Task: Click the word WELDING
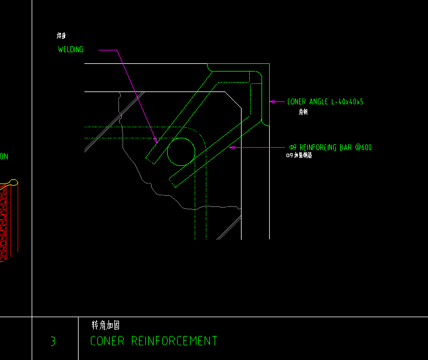[70, 50]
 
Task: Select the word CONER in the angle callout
[297, 102]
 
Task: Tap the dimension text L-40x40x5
[348, 102]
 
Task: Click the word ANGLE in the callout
[319, 102]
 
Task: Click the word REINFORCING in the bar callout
[318, 147]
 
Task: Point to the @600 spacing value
[363, 147]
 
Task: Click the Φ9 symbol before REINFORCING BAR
[293, 147]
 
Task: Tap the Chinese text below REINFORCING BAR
[298, 156]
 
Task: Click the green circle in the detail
[181, 152]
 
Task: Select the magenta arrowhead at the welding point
[155, 140]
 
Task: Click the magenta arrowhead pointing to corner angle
[272, 101]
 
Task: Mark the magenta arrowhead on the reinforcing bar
[232, 147]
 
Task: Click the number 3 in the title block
[53, 341]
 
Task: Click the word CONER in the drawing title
[108, 341]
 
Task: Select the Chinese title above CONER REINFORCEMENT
[106, 325]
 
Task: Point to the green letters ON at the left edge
[4, 157]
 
